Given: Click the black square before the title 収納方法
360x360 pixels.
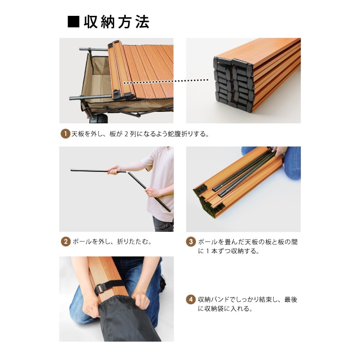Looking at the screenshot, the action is pyautogui.click(x=73, y=22).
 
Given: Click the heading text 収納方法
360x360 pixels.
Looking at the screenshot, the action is pyautogui.click(x=117, y=22).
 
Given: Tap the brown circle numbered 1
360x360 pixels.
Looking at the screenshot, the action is pyautogui.click(x=65, y=133).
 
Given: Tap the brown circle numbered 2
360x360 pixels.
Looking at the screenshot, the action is pyautogui.click(x=65, y=241).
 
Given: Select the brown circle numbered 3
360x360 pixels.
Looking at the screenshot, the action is pyautogui.click(x=191, y=242).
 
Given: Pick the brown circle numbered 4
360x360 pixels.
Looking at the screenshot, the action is pyautogui.click(x=191, y=300).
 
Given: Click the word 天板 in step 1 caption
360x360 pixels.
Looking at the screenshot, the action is pyautogui.click(x=78, y=133).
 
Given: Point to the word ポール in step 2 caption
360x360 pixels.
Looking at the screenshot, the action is pyautogui.click(x=82, y=241).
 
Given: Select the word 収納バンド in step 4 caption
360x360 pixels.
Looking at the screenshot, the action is pyautogui.click(x=214, y=300).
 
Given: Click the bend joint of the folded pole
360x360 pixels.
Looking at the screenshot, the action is pyautogui.click(x=128, y=172).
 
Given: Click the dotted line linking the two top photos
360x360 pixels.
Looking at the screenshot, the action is pyautogui.click(x=166, y=81).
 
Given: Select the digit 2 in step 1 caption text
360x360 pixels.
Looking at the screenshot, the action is pyautogui.click(x=126, y=133).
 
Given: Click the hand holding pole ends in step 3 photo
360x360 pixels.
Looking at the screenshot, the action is pyautogui.click(x=280, y=151).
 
